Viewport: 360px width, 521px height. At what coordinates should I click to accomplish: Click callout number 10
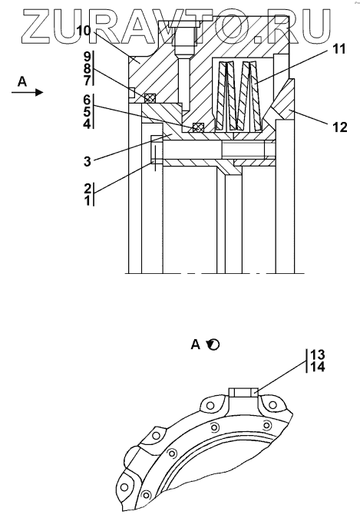tap(84, 31)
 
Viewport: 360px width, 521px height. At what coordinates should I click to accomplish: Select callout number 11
tap(339, 49)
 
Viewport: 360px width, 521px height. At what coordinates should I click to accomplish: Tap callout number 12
tap(339, 127)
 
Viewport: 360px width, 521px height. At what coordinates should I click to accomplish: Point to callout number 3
tap(87, 161)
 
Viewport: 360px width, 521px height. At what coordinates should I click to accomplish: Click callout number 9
tap(87, 57)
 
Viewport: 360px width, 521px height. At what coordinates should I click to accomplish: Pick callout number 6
tap(87, 100)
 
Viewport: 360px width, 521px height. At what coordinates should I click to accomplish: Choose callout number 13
tap(317, 354)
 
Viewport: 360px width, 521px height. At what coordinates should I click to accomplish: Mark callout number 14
tap(318, 368)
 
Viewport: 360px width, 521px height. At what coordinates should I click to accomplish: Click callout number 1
tap(88, 201)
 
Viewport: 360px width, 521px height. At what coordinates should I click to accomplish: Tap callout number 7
tap(87, 81)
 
